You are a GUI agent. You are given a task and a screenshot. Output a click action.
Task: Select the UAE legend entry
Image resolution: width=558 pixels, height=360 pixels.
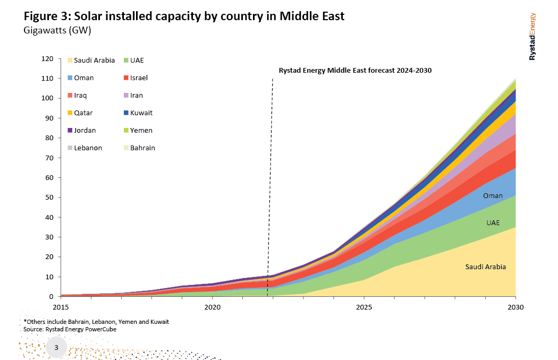[137, 61]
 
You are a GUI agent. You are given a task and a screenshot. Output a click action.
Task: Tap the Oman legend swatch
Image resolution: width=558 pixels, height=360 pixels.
[69, 78]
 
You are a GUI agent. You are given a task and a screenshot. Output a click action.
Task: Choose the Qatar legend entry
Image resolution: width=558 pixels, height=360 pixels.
[83, 113]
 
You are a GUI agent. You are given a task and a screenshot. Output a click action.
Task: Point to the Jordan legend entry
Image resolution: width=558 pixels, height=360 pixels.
[84, 131]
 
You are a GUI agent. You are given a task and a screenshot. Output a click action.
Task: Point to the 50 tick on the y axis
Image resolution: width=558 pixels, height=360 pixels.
[49, 198]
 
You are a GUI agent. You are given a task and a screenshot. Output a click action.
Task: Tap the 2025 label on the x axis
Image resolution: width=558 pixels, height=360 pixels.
[364, 307]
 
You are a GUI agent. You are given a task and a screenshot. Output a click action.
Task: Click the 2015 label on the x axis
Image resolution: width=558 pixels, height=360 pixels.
[61, 307]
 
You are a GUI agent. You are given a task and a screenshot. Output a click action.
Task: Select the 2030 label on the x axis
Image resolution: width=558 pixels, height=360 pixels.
[515, 307]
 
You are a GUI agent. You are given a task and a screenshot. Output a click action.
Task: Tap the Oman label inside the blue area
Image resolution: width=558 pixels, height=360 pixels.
[493, 196]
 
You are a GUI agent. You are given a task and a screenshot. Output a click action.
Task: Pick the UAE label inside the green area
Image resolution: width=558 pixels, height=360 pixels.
[493, 223]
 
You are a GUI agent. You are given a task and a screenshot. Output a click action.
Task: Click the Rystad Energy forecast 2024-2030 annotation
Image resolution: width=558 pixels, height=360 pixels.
[356, 71]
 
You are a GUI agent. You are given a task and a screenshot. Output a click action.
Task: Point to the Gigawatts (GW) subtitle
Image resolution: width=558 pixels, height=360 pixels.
[57, 30]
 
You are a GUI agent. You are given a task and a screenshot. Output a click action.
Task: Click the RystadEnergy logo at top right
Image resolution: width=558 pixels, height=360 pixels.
[532, 37]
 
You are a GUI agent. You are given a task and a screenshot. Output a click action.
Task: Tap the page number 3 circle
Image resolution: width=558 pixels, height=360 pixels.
[56, 348]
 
